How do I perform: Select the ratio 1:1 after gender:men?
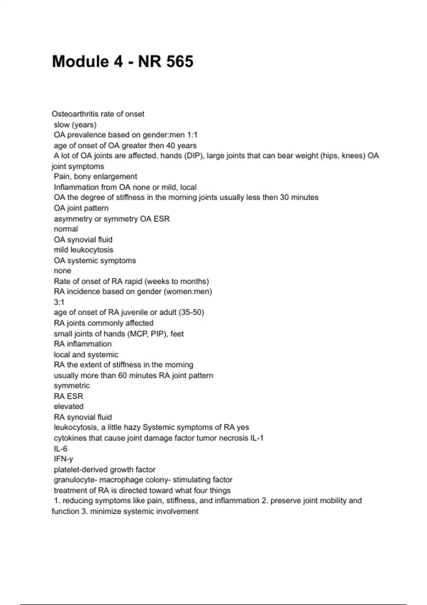(192, 135)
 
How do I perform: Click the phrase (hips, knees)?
(343, 156)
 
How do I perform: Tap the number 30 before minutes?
(284, 198)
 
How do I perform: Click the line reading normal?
(66, 229)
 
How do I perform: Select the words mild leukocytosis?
(84, 250)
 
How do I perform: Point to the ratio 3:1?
(59, 302)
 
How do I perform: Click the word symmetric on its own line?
(72, 386)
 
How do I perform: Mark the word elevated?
(69, 406)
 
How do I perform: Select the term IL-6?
(60, 449)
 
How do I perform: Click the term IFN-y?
(63, 459)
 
